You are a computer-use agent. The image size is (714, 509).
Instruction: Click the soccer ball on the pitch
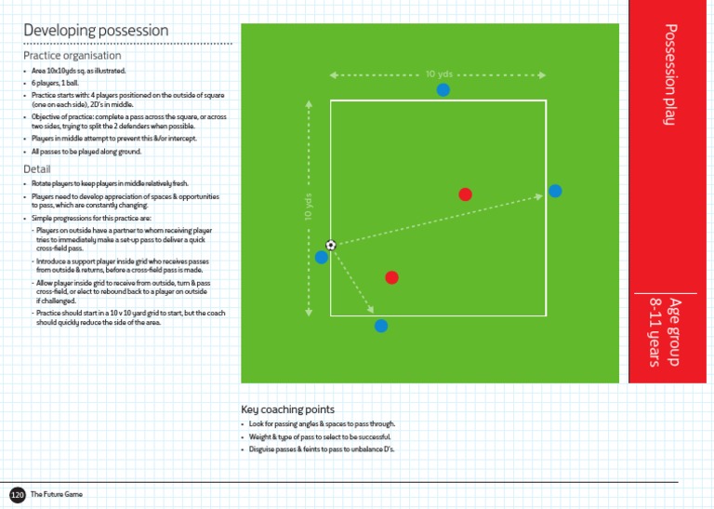click(x=331, y=245)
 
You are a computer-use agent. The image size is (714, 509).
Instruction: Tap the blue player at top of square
click(x=443, y=89)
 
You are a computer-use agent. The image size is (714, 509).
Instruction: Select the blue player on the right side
click(x=555, y=191)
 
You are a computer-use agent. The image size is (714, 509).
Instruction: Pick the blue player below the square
click(x=381, y=326)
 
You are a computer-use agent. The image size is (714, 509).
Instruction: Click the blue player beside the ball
click(x=322, y=257)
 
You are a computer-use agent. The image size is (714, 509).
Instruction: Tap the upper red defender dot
click(x=466, y=194)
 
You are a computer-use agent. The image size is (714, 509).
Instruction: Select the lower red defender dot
click(x=392, y=277)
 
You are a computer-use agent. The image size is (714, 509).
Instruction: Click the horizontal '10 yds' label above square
click(x=439, y=74)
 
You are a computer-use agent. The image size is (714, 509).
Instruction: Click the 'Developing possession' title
click(x=96, y=30)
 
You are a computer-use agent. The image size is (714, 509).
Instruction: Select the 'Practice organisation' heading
click(x=72, y=56)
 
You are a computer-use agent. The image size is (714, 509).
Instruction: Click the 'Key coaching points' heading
click(x=287, y=409)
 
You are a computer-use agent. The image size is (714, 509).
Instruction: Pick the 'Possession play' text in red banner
click(x=670, y=76)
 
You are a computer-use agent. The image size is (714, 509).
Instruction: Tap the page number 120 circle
click(x=17, y=494)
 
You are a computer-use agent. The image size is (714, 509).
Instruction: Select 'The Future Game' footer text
click(x=57, y=494)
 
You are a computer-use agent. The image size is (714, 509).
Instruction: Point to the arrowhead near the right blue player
click(x=539, y=195)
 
